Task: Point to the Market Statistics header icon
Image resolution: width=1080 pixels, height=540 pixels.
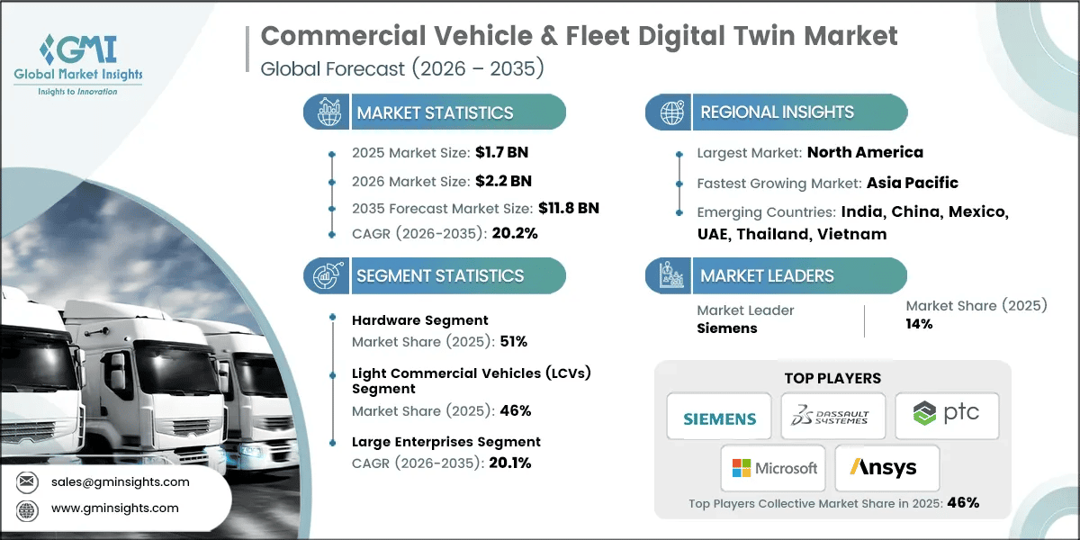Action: point(326,112)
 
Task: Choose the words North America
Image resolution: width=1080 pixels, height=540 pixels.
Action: point(865,152)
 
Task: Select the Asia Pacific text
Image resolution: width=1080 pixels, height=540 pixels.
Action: point(912,183)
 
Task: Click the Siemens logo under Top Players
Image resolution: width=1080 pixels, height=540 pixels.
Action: point(719,418)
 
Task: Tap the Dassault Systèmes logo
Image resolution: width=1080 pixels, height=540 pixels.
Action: point(832,417)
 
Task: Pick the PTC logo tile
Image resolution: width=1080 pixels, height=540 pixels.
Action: point(946,416)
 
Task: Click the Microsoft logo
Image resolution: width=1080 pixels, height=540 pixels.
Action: point(775,468)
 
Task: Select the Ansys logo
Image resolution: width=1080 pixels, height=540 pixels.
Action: point(887,468)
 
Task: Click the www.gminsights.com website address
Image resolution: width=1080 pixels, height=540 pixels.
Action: point(114,508)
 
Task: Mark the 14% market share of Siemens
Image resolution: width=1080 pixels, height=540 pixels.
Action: point(919,324)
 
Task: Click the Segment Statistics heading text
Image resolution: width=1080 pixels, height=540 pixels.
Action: point(440,275)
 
